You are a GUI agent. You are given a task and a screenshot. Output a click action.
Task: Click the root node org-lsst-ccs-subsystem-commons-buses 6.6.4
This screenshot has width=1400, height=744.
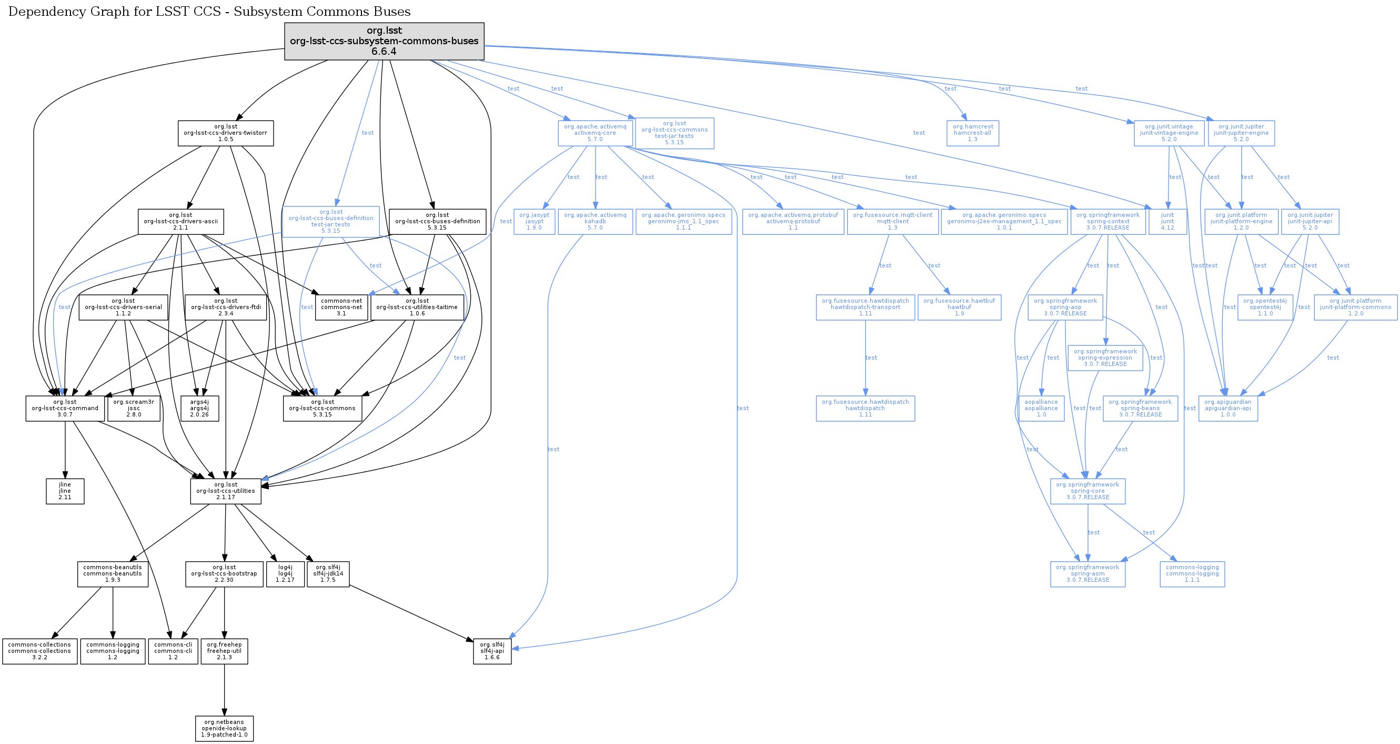(x=384, y=41)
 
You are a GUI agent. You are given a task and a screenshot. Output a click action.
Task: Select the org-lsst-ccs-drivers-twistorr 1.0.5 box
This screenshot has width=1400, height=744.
(x=226, y=133)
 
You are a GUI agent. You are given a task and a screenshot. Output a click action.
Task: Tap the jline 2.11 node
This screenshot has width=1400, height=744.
(x=65, y=491)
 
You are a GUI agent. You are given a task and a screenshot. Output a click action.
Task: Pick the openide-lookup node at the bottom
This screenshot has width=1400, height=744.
(x=224, y=729)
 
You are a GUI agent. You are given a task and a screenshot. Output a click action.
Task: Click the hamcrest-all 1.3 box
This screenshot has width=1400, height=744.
(x=972, y=133)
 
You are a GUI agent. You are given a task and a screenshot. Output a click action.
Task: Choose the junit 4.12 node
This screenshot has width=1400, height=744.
(x=1167, y=221)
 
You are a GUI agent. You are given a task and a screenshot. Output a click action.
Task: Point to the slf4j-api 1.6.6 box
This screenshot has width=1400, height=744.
(x=492, y=651)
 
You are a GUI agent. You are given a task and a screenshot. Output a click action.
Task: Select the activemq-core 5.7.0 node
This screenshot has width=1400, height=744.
(x=595, y=133)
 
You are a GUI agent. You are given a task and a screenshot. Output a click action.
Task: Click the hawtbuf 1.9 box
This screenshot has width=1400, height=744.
(x=959, y=307)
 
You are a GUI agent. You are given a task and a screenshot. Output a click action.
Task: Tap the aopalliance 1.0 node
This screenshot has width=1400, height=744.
(x=1041, y=409)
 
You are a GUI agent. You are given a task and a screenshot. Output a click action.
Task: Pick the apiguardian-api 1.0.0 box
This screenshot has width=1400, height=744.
(x=1228, y=409)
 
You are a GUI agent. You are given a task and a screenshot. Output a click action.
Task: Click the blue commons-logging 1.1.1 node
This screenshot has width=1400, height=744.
(x=1192, y=574)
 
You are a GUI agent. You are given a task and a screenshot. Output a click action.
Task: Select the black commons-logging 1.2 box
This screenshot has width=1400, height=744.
(x=113, y=651)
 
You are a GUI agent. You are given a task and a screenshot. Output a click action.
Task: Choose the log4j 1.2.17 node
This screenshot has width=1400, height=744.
(x=285, y=574)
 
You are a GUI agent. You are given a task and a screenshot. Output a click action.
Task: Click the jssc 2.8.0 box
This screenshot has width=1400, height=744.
(x=134, y=409)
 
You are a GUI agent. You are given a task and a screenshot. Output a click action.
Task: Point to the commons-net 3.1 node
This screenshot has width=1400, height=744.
(x=341, y=307)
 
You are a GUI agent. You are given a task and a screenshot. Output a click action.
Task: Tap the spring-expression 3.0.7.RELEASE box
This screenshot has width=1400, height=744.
(x=1105, y=358)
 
